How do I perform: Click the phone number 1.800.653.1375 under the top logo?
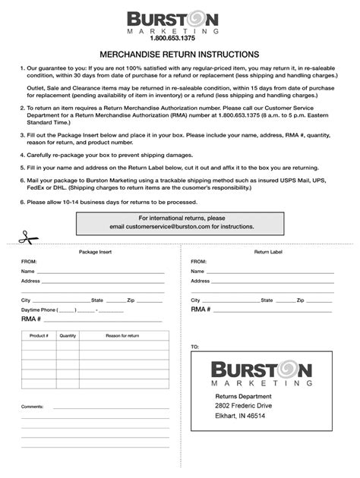coord(179,38)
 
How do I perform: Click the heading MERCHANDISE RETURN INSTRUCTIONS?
coord(179,55)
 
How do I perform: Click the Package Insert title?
coord(93,251)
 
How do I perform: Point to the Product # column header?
coord(39,335)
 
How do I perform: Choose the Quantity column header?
coord(68,335)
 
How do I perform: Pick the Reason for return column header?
coord(122,335)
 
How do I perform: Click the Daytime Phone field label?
coord(39,310)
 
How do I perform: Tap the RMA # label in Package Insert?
coord(31,319)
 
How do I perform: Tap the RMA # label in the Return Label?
coord(201,310)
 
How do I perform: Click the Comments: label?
coord(33,407)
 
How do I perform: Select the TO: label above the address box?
coord(195,347)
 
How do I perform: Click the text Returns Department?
coord(242,396)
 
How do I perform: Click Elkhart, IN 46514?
coord(240,417)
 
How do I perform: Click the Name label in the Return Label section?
coord(197,271)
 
